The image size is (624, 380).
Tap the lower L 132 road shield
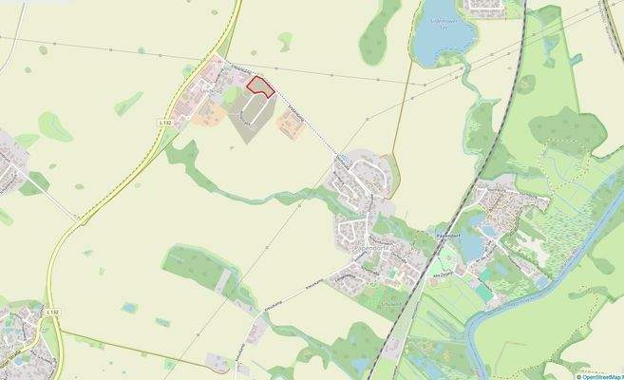coord(53,312)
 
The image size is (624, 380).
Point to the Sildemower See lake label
coord(444,21)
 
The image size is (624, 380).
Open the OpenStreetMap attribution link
coord(588,374)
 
